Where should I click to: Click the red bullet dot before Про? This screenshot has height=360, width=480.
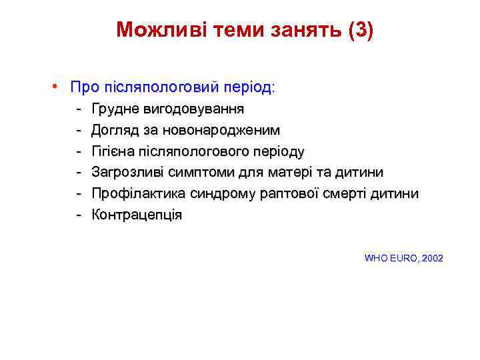(59, 87)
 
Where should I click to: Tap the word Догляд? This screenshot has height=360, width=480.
(114, 130)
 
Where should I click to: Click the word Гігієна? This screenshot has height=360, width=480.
(112, 151)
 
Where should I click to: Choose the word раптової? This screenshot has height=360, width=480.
(285, 194)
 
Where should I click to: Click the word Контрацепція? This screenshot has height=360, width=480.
(137, 215)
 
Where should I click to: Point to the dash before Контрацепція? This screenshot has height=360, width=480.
(78, 215)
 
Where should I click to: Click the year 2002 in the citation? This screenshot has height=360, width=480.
(431, 258)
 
